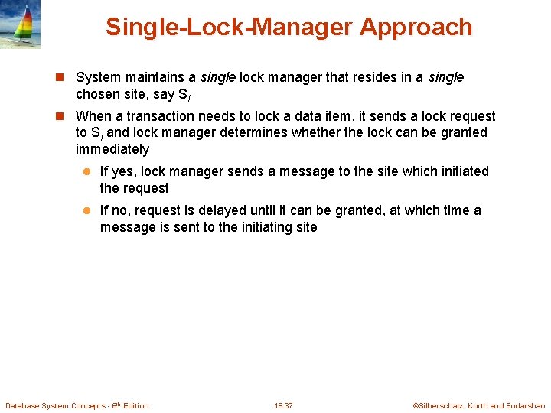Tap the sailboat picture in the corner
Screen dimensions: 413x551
pos(21,24)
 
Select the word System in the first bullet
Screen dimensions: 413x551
pos(98,77)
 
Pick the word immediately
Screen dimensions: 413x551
pos(112,149)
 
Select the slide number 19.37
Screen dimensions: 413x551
pos(283,405)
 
